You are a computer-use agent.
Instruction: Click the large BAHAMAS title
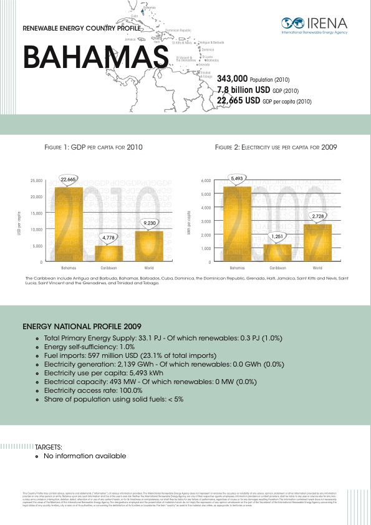click(x=95, y=57)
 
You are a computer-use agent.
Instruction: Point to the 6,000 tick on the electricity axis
click(x=206, y=181)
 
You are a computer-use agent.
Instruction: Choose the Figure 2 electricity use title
click(x=276, y=148)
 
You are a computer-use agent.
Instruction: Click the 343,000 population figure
click(x=232, y=80)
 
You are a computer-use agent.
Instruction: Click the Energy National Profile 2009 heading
click(x=82, y=326)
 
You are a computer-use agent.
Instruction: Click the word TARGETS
click(x=48, y=447)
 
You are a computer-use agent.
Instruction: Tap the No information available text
click(x=84, y=456)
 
